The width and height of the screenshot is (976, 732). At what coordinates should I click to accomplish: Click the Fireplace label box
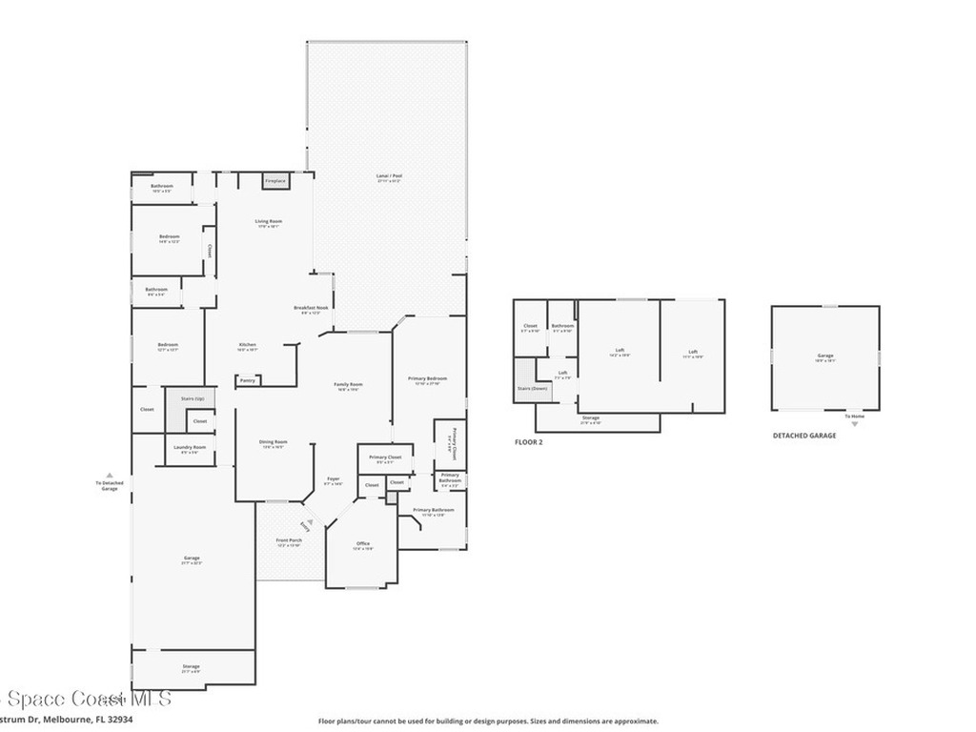(275, 181)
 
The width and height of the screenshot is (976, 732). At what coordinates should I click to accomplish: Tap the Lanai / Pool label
(389, 177)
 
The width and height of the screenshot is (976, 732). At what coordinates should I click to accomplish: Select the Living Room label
(268, 223)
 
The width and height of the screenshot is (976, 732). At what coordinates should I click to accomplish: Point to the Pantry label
(247, 380)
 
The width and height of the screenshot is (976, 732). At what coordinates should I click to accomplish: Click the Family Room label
(348, 385)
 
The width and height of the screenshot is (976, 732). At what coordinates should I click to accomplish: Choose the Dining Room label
(274, 443)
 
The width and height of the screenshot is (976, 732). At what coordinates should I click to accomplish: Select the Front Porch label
(289, 541)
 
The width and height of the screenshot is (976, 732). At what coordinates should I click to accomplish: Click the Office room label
(363, 544)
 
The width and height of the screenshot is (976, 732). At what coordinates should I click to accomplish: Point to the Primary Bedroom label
(427, 380)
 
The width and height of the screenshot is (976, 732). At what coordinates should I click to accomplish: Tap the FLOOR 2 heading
(528, 442)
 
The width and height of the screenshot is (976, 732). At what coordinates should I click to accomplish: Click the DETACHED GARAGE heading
(803, 436)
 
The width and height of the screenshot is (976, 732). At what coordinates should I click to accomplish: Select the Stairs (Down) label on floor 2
(532, 389)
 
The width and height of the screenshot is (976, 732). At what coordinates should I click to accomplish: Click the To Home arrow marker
(854, 419)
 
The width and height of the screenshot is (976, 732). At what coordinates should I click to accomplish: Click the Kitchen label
(248, 346)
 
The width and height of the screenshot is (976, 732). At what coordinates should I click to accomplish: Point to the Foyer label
(334, 480)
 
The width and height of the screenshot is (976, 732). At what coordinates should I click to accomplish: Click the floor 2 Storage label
(591, 419)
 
